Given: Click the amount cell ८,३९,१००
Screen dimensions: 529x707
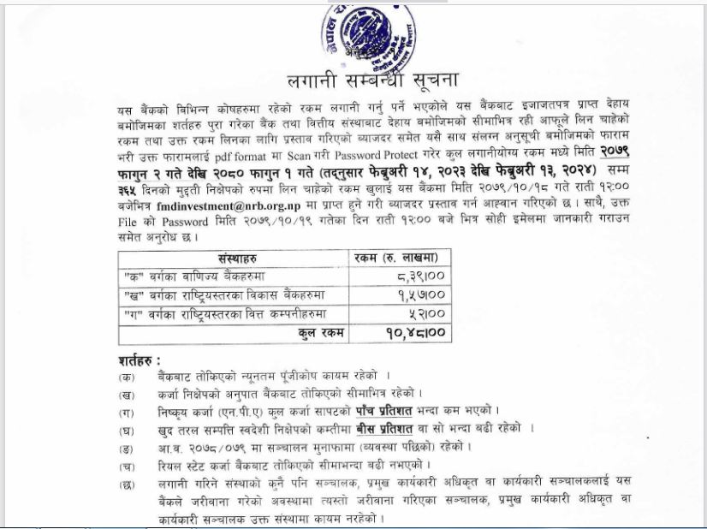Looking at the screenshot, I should tap(419, 276).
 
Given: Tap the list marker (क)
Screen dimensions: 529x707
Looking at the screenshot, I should tap(128, 374).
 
